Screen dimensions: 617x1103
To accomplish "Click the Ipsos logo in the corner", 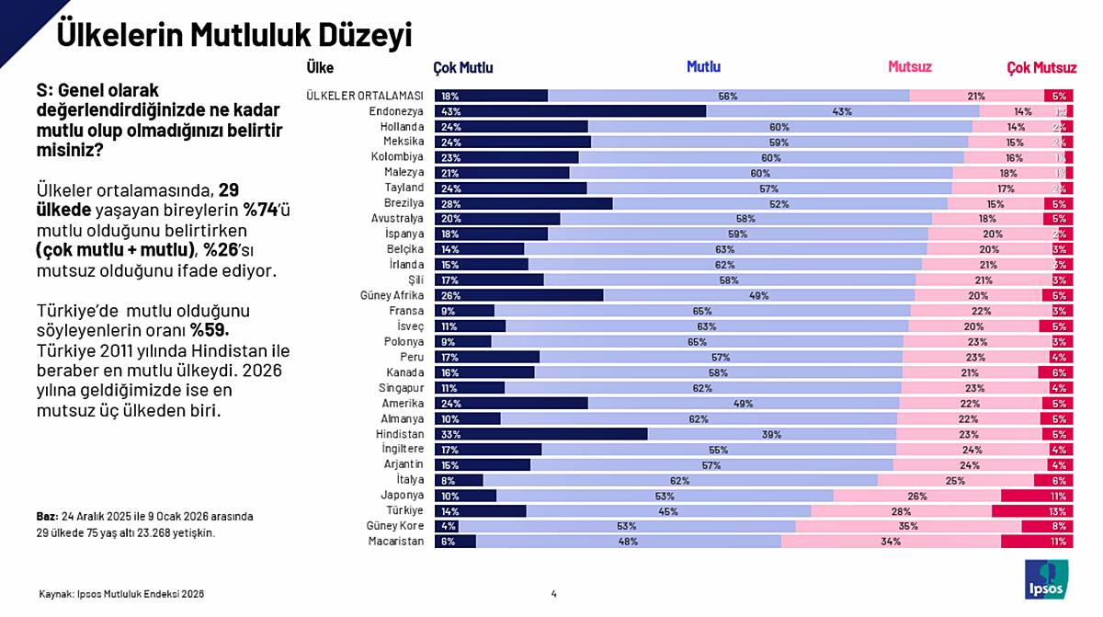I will [x=1046, y=578].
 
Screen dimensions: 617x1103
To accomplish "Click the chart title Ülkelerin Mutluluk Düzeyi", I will [x=233, y=35].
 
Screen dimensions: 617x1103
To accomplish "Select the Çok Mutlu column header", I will [x=463, y=67].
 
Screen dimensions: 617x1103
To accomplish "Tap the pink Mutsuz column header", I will [x=909, y=67].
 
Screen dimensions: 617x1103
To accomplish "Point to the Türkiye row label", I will [x=402, y=510].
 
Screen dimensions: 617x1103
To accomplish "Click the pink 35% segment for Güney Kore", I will [x=908, y=526].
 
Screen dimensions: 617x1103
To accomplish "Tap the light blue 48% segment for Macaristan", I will [x=629, y=542].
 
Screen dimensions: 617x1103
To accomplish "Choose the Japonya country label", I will [x=402, y=495].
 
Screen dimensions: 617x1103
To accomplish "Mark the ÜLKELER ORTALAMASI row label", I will [x=364, y=96].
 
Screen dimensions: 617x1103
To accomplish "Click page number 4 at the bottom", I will [x=553, y=594].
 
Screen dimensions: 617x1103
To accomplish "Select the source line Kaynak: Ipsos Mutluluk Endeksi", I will [x=120, y=594].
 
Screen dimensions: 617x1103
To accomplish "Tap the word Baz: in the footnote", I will [x=46, y=516].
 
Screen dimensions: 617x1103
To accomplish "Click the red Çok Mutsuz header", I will [x=1040, y=67].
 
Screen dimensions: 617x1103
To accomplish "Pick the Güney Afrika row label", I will [x=392, y=295].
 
